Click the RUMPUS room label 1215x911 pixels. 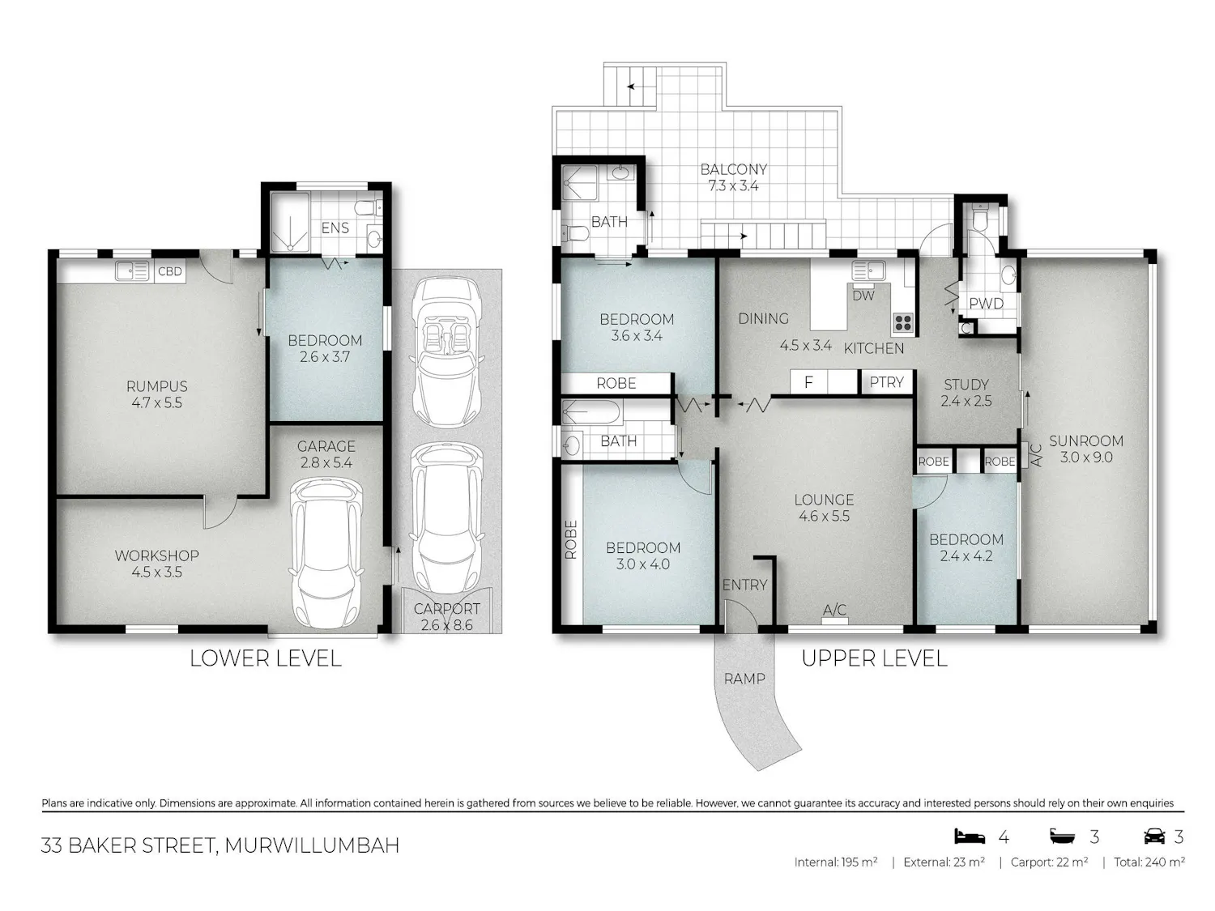coord(156,386)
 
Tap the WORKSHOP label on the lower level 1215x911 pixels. coord(156,556)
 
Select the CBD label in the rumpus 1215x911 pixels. coord(170,271)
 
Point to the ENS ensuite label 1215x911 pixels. coord(335,228)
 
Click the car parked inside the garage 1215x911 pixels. coord(326,553)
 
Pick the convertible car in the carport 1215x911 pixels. coord(447,351)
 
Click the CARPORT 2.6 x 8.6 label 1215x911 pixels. coord(446,617)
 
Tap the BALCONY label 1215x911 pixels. coord(733,169)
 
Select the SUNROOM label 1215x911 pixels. coord(1086,441)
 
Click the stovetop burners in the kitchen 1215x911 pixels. coord(903,323)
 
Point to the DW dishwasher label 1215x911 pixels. coord(863,296)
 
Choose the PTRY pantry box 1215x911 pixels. coord(886,382)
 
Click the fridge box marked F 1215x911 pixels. coord(808,382)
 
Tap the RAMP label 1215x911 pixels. coord(744,679)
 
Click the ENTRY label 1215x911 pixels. coord(744,585)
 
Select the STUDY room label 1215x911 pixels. coord(966,385)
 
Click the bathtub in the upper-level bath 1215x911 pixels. coord(590,413)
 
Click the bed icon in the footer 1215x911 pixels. coord(970,836)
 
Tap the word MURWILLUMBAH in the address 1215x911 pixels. coord(312,845)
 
